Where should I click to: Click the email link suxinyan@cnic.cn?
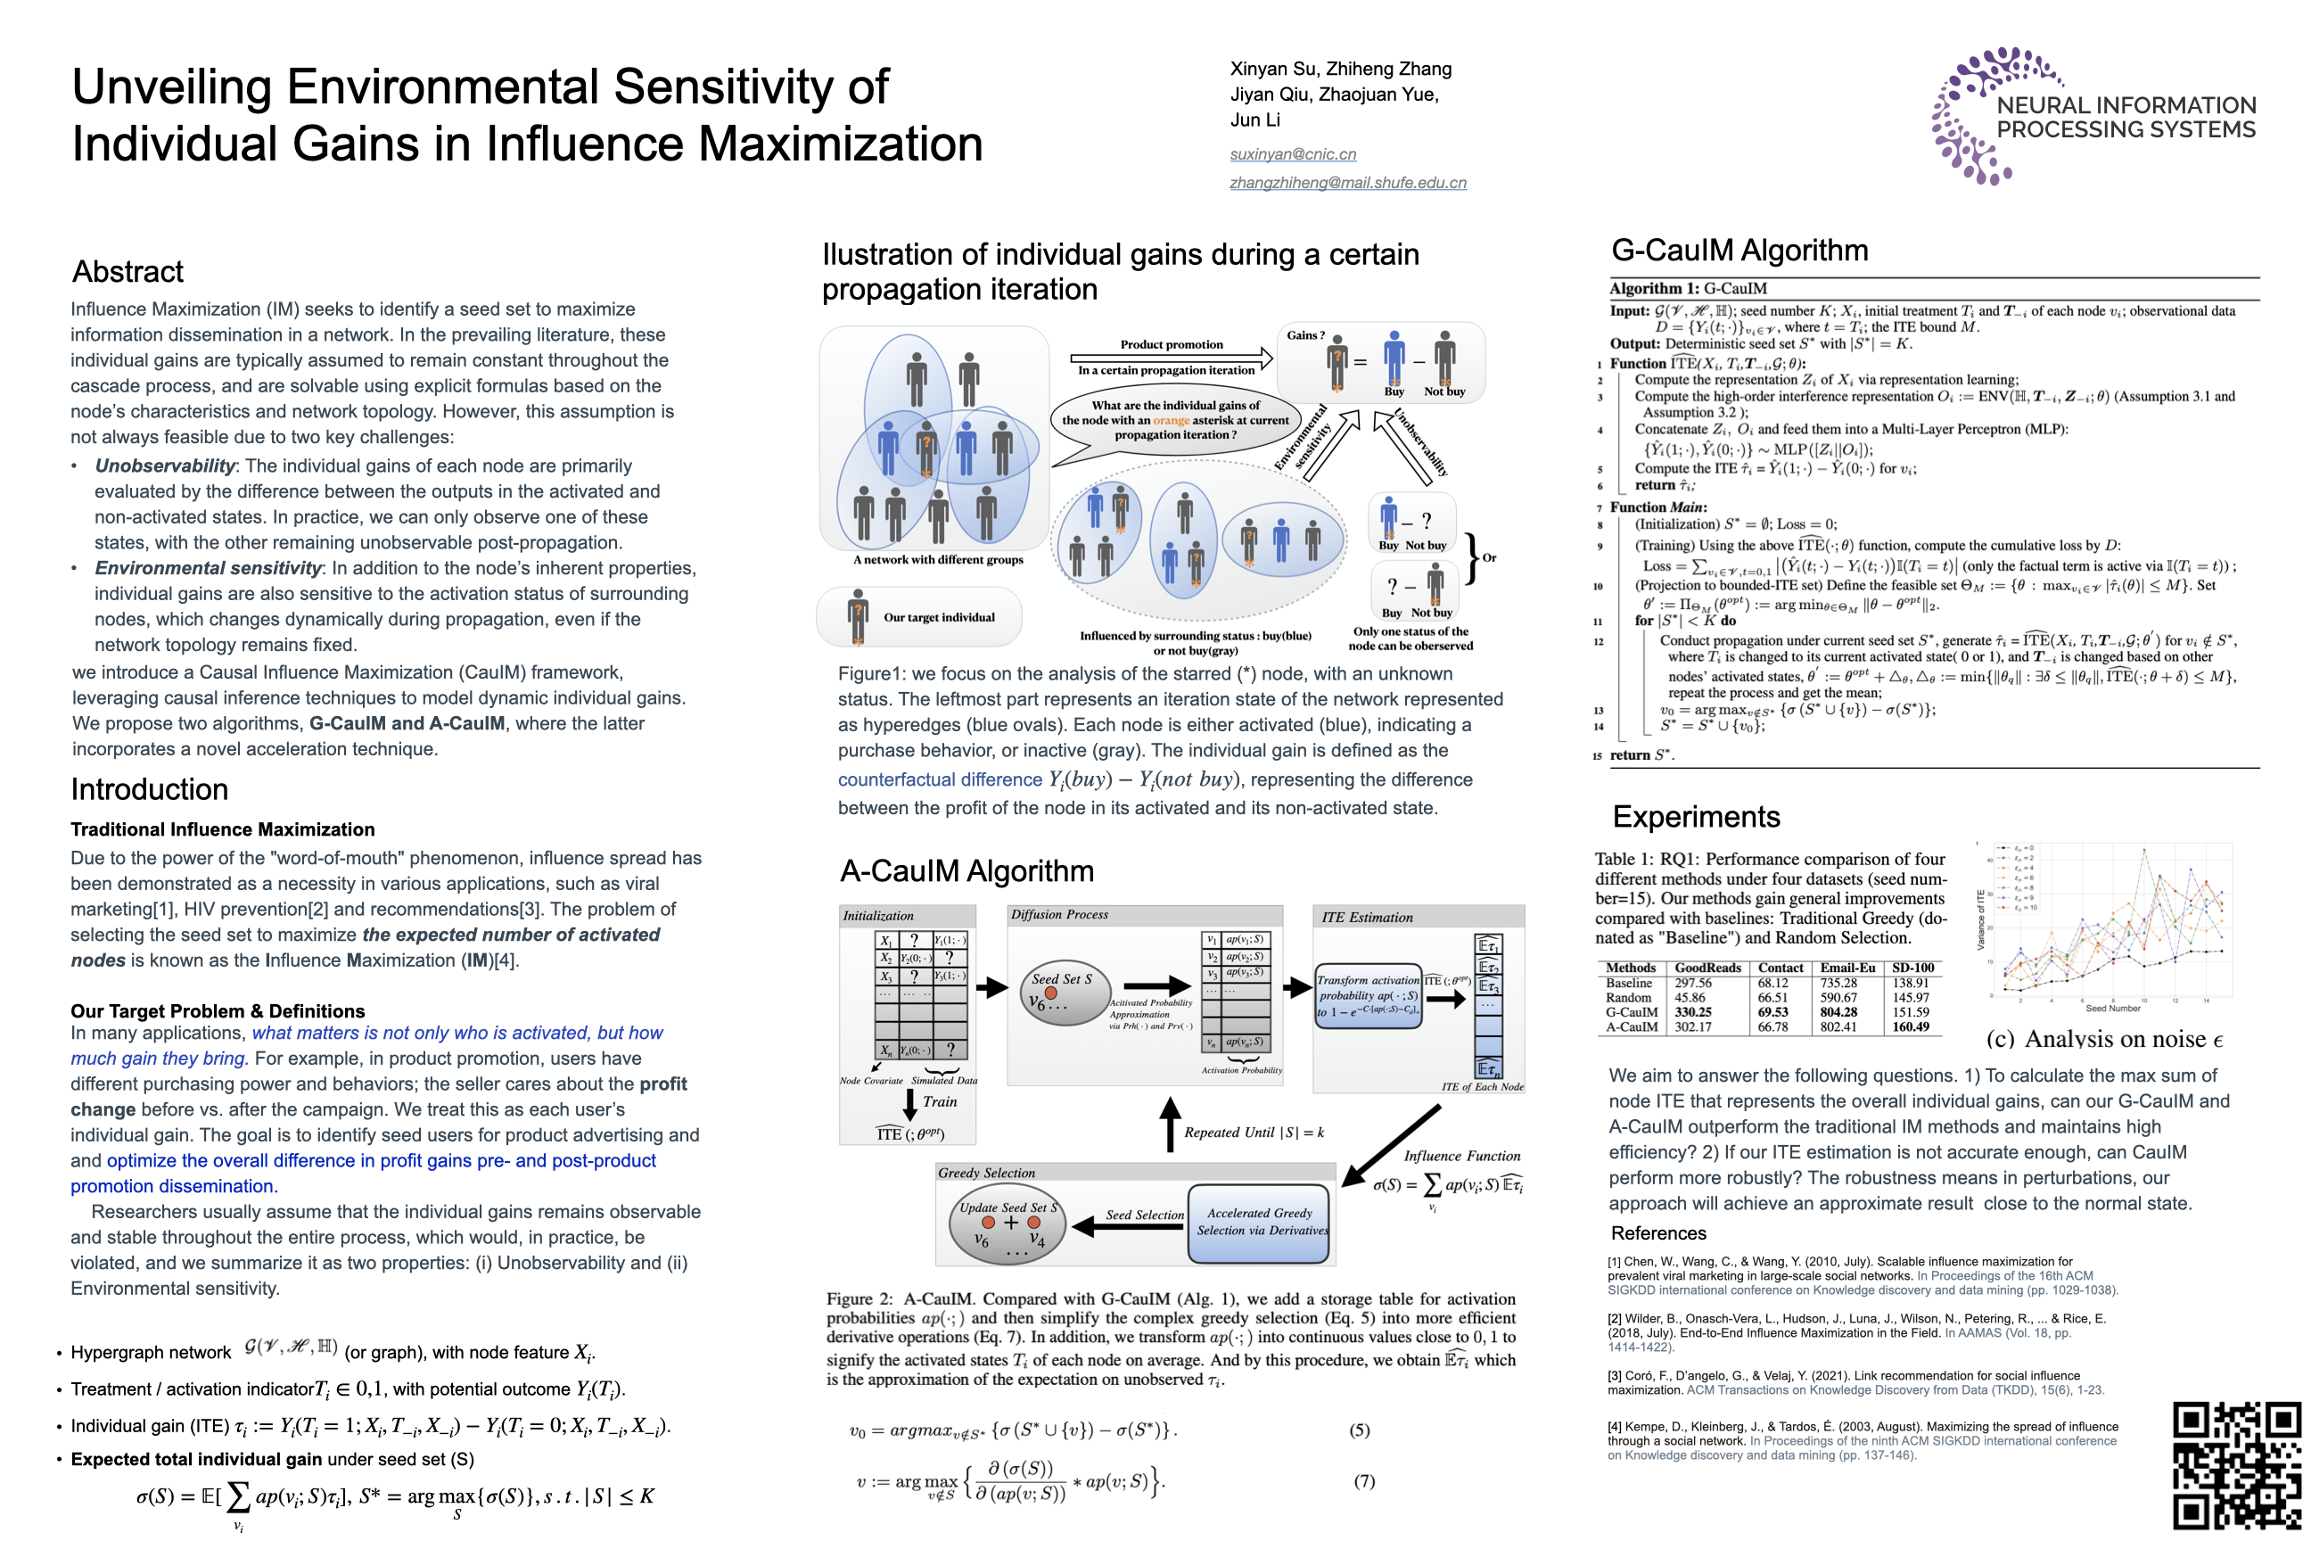[x=1292, y=154]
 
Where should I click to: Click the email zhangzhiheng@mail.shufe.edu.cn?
[x=1347, y=183]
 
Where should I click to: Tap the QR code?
[x=2235, y=1465]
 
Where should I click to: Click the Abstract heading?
[x=127, y=271]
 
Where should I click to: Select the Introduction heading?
[x=150, y=789]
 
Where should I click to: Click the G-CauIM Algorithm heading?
[x=1739, y=251]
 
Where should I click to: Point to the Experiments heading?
[x=1696, y=817]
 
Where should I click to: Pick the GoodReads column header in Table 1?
[x=1707, y=968]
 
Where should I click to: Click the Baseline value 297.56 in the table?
[x=1693, y=983]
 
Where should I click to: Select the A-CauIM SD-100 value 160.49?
[x=1910, y=1027]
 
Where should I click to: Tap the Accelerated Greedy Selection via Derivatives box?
[x=1260, y=1223]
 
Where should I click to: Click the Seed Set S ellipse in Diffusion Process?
[x=1062, y=993]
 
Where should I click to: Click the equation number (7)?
[x=1365, y=1481]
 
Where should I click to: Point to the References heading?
[x=1658, y=1233]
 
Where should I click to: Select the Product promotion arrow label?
[x=1172, y=345]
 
